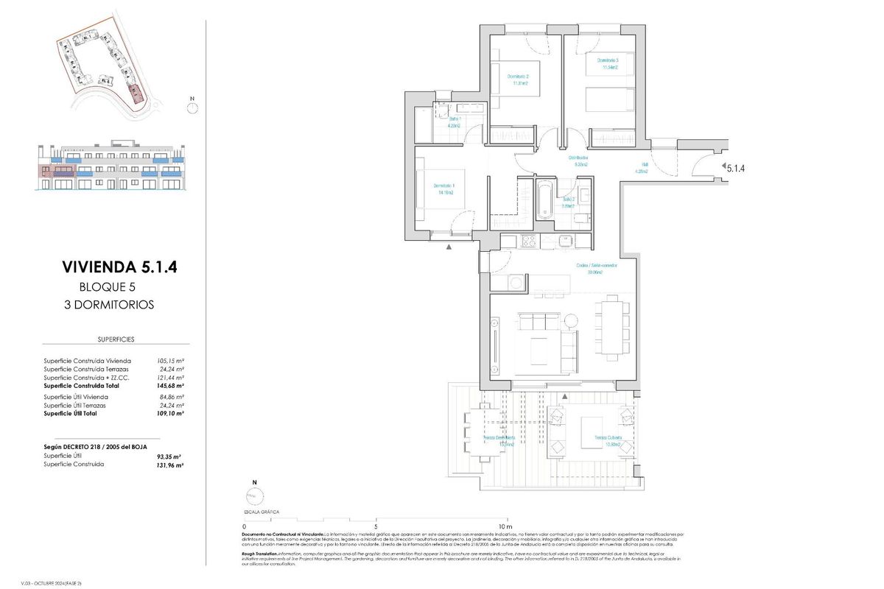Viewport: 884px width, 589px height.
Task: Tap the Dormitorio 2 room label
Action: [x=519, y=79]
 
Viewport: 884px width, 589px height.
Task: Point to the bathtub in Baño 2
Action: [x=544, y=199]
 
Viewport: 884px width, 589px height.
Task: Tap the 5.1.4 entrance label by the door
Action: [x=736, y=168]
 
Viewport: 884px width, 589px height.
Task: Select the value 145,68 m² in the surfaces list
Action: [x=170, y=385]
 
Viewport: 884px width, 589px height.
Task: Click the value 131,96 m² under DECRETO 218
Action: [x=170, y=465]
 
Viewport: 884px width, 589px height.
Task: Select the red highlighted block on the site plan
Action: [x=135, y=94]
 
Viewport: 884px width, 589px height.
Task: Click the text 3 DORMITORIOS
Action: [x=109, y=304]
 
